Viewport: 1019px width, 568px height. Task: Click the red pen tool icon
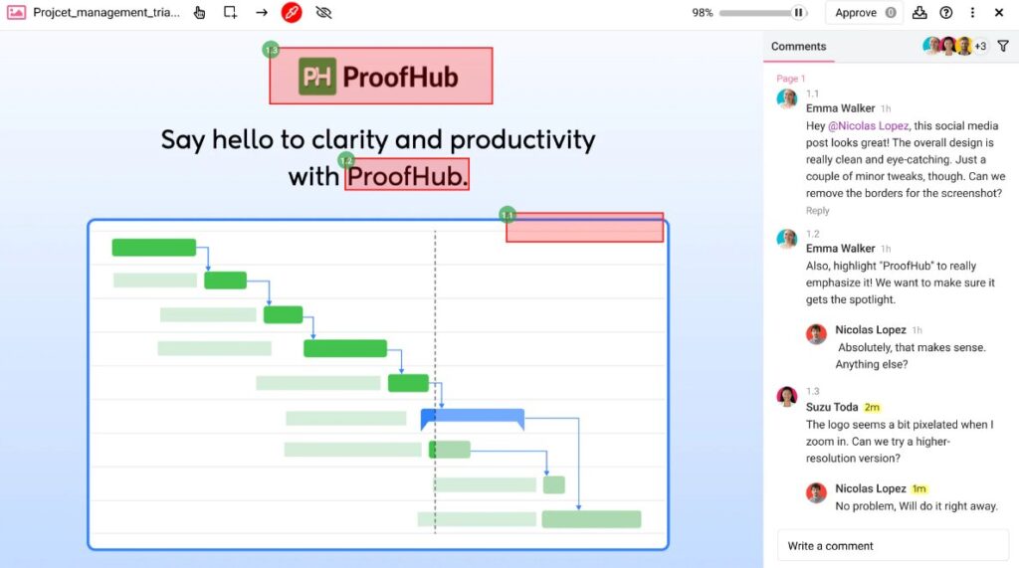(x=292, y=13)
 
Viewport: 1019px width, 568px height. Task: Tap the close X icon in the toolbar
(x=999, y=13)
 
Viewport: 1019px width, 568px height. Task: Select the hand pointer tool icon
(x=200, y=13)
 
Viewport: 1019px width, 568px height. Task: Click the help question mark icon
(x=945, y=13)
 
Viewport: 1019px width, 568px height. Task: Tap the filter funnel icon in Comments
(x=1003, y=46)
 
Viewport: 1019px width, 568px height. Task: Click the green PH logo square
(x=317, y=77)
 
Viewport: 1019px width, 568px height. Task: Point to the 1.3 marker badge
(x=271, y=49)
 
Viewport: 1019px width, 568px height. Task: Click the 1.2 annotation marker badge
(x=346, y=160)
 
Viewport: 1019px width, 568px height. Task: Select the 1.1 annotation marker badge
(x=508, y=215)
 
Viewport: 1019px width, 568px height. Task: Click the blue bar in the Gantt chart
(x=473, y=416)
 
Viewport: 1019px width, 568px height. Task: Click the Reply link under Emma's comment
(x=818, y=211)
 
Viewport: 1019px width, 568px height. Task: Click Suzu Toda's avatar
(x=787, y=397)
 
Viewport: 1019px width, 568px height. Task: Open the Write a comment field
(x=893, y=545)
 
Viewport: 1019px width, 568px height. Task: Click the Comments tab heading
(x=798, y=46)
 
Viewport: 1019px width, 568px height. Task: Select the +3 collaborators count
(x=980, y=46)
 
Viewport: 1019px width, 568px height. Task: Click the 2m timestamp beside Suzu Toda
(x=872, y=407)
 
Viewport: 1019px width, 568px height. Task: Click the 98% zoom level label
(x=703, y=13)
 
